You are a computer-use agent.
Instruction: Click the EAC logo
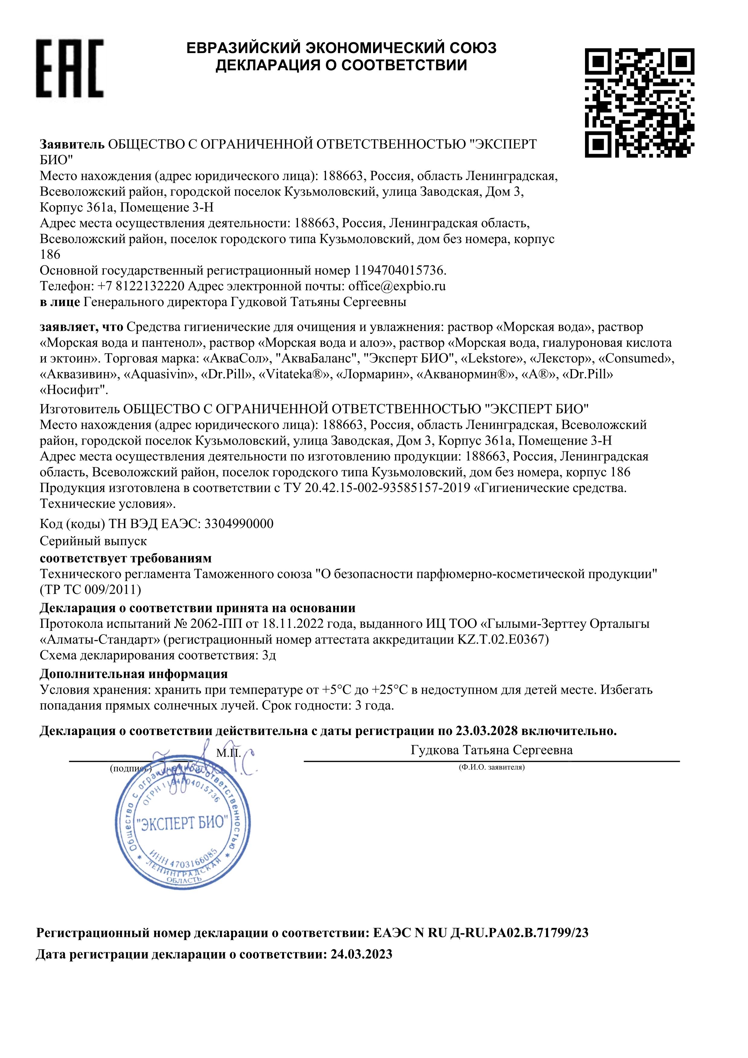pos(71,68)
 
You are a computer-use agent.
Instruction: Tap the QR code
pos(640,102)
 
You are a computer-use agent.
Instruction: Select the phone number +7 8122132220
pos(141,286)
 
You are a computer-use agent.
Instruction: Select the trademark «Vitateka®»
pos(296,375)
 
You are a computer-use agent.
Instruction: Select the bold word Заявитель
pos(72,144)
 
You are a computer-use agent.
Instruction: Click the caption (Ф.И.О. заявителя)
pos(492,767)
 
